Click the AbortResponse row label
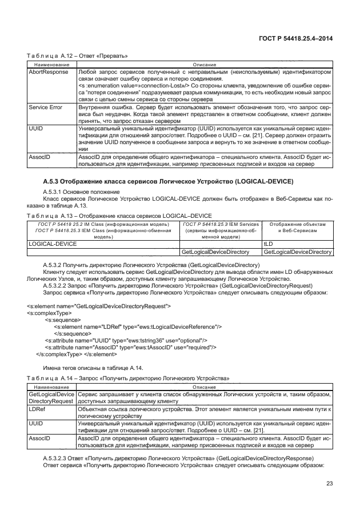click(x=48, y=73)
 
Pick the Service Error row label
click(x=46, y=107)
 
